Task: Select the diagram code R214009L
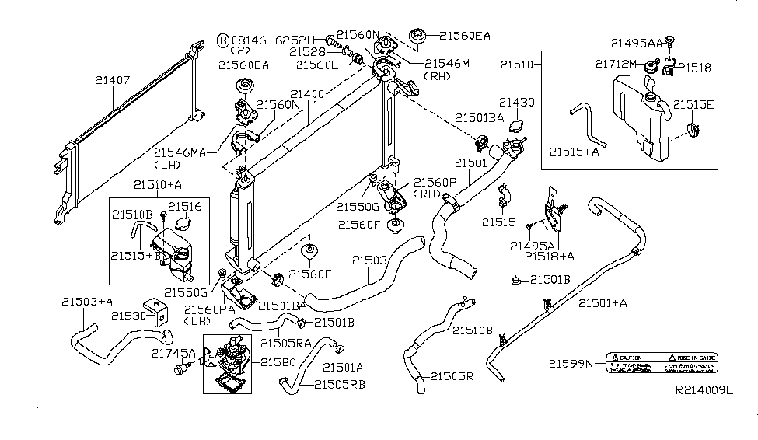point(704,413)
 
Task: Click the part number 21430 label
point(517,102)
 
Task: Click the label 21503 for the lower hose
point(369,260)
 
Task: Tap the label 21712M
point(617,62)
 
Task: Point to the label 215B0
point(278,363)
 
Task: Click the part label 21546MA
point(180,152)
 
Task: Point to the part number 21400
point(307,94)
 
